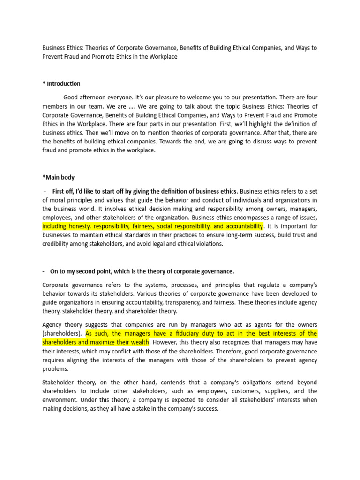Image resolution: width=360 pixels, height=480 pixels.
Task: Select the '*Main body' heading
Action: coord(58,178)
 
